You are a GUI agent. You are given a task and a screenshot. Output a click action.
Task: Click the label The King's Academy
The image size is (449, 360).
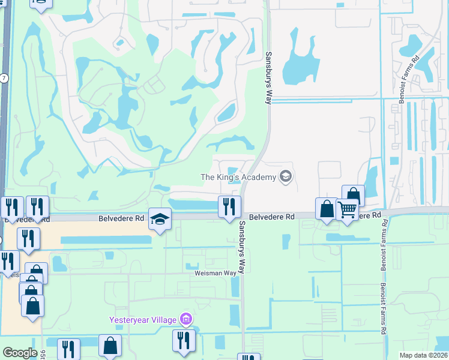pos(238,176)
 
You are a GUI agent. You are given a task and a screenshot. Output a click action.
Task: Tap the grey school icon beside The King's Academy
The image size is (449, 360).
pos(285,176)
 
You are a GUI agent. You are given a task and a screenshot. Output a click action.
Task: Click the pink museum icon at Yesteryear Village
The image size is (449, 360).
pos(186,319)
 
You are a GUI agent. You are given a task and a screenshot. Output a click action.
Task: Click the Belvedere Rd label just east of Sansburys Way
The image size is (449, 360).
pos(272,217)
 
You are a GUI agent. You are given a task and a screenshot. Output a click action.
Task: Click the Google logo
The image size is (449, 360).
pos(20,353)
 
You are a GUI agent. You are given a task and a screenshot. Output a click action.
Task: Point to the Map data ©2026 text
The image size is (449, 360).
pos(424,355)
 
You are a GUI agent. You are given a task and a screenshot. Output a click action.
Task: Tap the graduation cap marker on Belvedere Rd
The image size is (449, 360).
pos(160,220)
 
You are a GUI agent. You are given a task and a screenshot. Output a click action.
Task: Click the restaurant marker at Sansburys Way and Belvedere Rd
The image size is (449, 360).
pos(229,207)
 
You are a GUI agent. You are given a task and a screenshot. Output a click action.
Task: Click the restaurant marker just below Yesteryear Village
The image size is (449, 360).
pos(184,340)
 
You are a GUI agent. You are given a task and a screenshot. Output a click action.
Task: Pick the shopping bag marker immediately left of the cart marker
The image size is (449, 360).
pos(327,209)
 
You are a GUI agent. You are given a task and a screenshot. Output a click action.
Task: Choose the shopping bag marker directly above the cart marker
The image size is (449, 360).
pos(353,196)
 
